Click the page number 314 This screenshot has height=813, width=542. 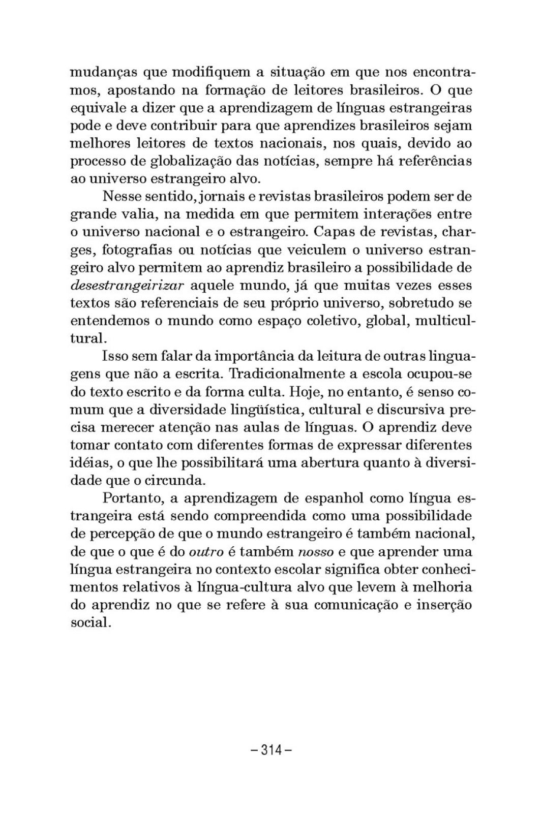[x=270, y=750]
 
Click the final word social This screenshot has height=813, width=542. [x=89, y=623]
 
